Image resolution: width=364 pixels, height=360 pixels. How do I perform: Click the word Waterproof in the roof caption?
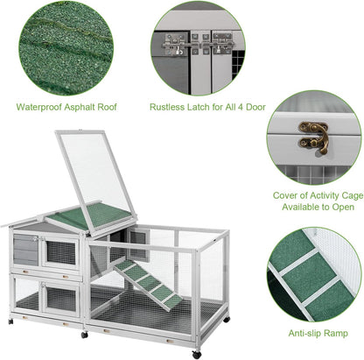[x=39, y=107]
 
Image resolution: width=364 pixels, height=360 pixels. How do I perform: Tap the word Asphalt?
[x=80, y=107]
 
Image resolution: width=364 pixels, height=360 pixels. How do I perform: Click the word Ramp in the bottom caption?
[x=335, y=334]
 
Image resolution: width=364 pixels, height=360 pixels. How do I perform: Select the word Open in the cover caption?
[x=343, y=208]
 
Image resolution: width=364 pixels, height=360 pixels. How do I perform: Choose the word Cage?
[x=354, y=195]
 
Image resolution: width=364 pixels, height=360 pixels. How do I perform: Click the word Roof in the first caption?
[x=107, y=107]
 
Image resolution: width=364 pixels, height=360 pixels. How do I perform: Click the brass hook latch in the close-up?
[x=314, y=137]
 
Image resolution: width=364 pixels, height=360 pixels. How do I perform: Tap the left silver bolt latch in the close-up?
[x=174, y=45]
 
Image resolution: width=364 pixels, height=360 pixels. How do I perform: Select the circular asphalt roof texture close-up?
[x=66, y=48]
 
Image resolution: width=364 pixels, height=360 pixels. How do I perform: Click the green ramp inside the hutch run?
[x=148, y=284]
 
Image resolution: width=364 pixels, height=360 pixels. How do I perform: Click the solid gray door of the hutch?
[x=25, y=250]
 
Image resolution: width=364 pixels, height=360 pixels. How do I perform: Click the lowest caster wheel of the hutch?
[x=197, y=355]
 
